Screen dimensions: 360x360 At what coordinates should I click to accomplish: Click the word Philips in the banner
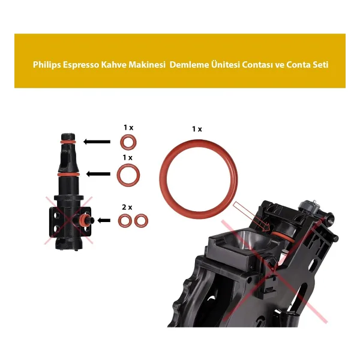point(47,65)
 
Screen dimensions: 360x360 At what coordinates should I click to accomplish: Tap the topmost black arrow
point(97,142)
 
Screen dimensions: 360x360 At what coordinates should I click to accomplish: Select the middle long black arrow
point(98,174)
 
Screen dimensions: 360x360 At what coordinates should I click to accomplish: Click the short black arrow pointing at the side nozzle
point(104,221)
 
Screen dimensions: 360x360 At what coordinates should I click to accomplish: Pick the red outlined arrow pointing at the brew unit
point(251,217)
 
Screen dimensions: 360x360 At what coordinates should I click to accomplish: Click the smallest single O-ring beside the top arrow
point(121,142)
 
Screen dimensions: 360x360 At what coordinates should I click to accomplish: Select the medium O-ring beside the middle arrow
point(118,175)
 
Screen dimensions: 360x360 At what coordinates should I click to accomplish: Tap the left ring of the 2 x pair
point(119,221)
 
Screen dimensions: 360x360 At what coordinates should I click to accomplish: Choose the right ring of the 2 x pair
point(136,221)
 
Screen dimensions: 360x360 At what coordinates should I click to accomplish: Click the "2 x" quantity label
point(127,208)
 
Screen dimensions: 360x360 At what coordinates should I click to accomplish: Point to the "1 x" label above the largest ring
point(197,129)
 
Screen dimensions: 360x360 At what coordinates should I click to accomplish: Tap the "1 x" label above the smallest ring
point(128,127)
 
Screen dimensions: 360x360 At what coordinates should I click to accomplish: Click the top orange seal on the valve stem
point(68,142)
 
